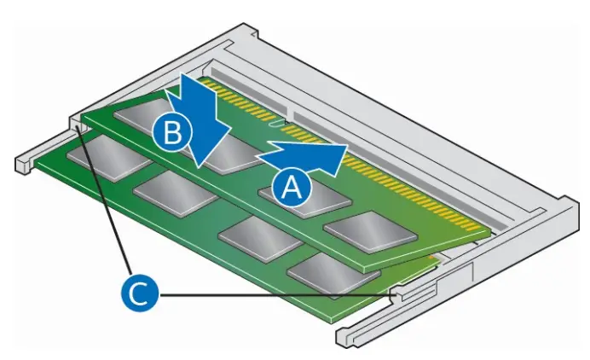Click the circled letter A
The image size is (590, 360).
point(291,186)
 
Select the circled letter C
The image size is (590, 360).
point(137,295)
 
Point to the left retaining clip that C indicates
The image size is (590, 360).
point(80,126)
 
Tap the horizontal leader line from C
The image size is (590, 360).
point(273,295)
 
